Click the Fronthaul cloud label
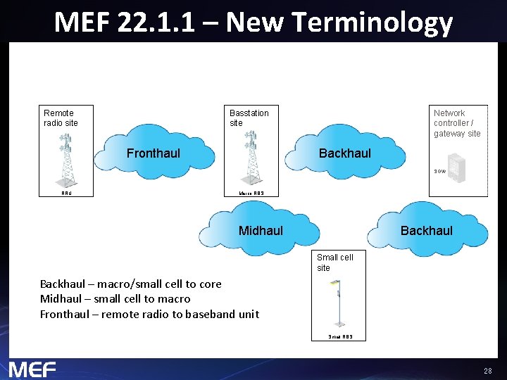(154, 153)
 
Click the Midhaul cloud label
(261, 231)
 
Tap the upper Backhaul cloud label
(344, 153)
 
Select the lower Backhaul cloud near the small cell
(426, 231)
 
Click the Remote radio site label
(61, 118)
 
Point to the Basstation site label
(249, 118)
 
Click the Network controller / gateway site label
(457, 123)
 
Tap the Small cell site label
(334, 262)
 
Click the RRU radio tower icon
(67, 158)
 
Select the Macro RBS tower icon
(250, 158)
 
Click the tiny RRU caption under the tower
(66, 193)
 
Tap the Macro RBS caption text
(251, 193)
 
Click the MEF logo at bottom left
(32, 369)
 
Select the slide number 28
(487, 371)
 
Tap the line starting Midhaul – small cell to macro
(115, 299)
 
